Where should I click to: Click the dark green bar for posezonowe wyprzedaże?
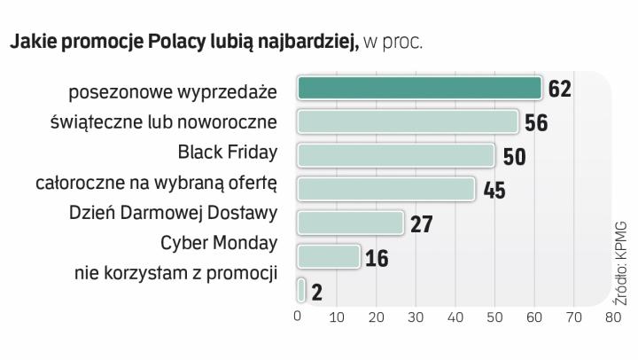tap(419, 89)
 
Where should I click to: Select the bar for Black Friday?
tap(396, 155)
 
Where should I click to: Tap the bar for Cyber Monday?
tap(328, 257)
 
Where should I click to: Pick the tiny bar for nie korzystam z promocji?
tap(302, 290)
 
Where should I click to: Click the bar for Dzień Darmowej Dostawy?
tap(350, 223)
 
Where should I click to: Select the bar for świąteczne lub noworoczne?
tap(408, 121)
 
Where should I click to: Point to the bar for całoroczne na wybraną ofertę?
tap(386, 189)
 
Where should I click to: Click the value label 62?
tap(560, 90)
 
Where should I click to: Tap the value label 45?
tap(494, 191)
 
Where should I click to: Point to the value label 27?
tap(422, 224)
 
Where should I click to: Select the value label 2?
tap(316, 292)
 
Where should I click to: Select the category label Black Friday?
tap(228, 152)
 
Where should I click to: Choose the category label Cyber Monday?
tap(219, 242)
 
